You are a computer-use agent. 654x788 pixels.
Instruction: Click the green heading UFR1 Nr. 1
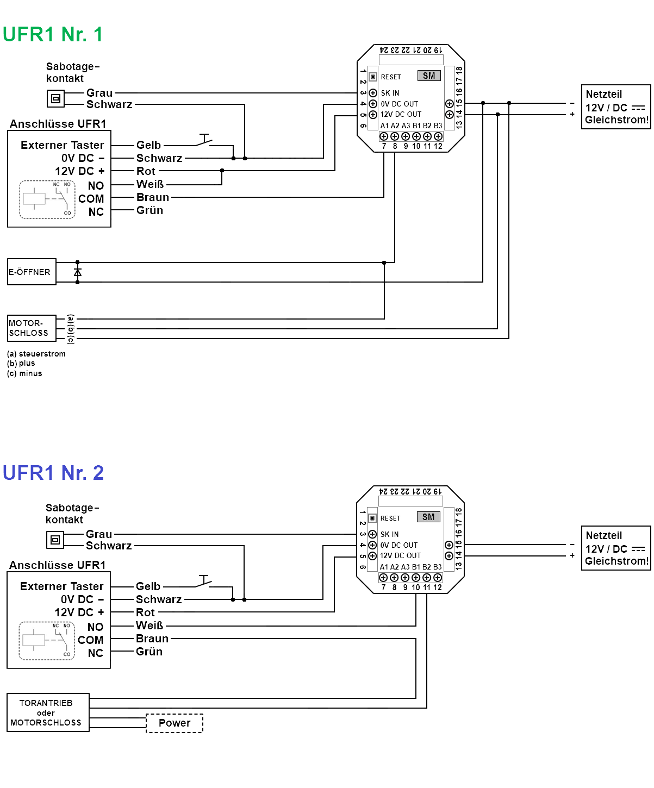[x=52, y=34]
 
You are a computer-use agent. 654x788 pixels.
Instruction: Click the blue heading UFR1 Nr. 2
[x=53, y=473]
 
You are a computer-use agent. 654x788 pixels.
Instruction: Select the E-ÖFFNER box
[x=32, y=272]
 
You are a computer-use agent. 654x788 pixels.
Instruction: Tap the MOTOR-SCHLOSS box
[x=32, y=328]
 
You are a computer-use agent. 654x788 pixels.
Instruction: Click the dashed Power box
[x=175, y=723]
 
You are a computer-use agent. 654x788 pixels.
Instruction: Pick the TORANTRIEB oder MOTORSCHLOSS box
[x=48, y=712]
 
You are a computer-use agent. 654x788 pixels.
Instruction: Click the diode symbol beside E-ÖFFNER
[x=78, y=272]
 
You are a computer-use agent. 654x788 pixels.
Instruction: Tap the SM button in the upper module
[x=429, y=76]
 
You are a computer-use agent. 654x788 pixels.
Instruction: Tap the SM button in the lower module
[x=428, y=517]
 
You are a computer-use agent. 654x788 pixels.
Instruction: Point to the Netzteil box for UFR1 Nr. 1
[x=616, y=107]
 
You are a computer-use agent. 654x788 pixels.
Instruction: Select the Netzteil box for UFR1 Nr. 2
[x=616, y=548]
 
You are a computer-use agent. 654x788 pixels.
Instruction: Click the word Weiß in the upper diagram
[x=150, y=184]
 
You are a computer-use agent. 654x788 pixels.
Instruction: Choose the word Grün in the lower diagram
[x=149, y=652]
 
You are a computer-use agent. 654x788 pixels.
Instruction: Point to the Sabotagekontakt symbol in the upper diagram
[x=55, y=99]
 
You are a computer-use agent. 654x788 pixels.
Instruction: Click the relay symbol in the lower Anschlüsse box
[x=47, y=641]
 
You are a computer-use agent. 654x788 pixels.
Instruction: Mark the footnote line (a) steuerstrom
[x=36, y=354]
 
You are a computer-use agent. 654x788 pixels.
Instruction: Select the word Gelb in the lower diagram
[x=148, y=586]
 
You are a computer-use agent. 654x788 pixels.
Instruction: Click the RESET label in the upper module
[x=391, y=77]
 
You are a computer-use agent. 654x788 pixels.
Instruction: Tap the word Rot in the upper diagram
[x=146, y=171]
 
